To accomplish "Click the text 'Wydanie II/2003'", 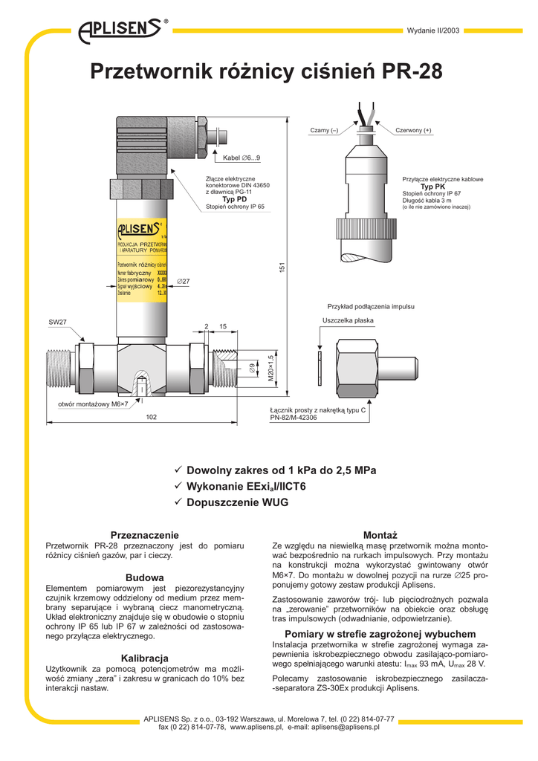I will tap(434, 30).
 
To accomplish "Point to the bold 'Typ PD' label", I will tap(235, 200).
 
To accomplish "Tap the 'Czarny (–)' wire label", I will tap(324, 131).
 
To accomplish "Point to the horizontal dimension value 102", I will tap(152, 418).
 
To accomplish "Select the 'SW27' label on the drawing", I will tap(57, 323).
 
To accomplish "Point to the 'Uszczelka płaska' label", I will tap(348, 320).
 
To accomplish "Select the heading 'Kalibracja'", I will tap(145, 658).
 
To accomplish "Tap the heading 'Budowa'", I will tap(145, 577).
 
